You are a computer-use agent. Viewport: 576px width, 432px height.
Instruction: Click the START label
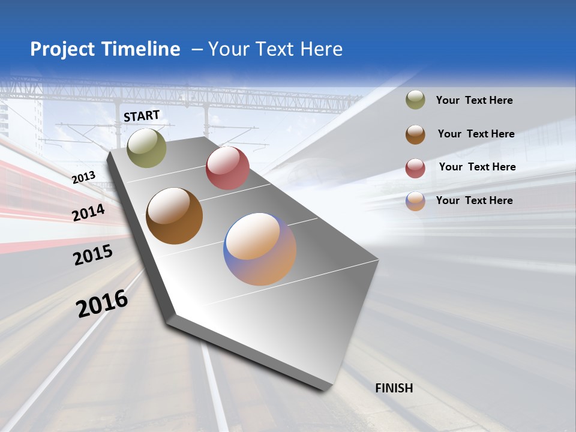click(x=142, y=115)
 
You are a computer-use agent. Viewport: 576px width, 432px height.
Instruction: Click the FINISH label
click(x=394, y=388)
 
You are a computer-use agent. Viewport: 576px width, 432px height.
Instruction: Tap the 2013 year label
click(x=83, y=177)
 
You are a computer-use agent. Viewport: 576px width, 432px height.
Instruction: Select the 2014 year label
click(x=88, y=212)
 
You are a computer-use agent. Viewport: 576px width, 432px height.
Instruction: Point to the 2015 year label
click(x=92, y=254)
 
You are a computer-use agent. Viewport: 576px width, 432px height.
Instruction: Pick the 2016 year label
click(x=102, y=303)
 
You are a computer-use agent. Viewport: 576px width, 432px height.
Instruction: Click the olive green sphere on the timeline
click(x=146, y=148)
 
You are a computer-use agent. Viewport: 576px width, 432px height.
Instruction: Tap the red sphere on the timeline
click(x=227, y=168)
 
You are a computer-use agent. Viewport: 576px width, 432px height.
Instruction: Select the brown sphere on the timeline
click(x=174, y=216)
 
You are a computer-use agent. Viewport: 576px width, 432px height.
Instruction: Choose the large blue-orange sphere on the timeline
click(x=260, y=249)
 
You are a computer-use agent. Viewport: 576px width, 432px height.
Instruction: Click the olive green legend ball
click(x=415, y=100)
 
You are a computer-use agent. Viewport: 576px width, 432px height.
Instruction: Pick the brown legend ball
click(x=415, y=134)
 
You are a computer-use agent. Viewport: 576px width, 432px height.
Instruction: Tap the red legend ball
click(x=415, y=168)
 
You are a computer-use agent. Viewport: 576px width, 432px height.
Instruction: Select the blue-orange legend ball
click(x=415, y=201)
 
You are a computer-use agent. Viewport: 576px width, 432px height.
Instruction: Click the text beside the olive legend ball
click(x=474, y=100)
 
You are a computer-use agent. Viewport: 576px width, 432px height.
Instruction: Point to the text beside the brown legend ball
click(x=476, y=134)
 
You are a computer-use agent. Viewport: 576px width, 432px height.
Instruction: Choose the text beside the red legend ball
click(x=477, y=167)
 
